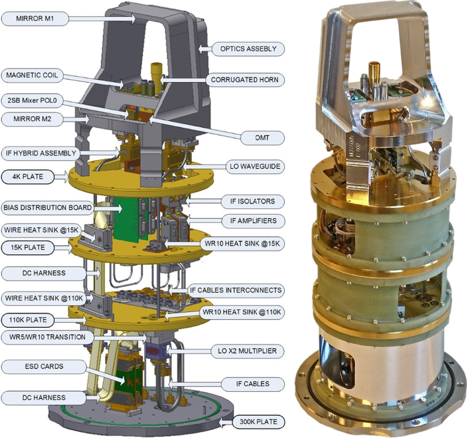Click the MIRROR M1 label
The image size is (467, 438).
click(x=35, y=19)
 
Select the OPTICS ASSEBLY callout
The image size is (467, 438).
click(x=248, y=49)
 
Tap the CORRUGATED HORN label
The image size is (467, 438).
click(x=244, y=80)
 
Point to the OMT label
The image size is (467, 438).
click(x=262, y=138)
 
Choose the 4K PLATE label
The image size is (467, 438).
click(x=28, y=177)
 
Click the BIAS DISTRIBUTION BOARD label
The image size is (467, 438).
click(x=47, y=208)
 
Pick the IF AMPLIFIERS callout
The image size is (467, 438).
click(x=253, y=221)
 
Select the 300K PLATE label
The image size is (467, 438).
click(x=258, y=422)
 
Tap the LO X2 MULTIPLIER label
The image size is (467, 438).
click(x=247, y=351)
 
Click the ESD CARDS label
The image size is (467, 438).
click(x=44, y=366)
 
